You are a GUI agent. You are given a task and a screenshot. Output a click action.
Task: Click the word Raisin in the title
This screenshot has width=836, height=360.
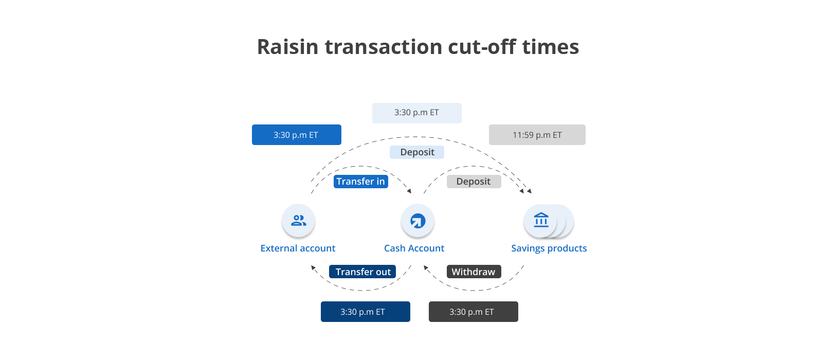[287, 47]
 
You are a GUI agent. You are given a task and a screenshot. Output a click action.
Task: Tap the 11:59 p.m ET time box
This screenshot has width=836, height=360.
[537, 135]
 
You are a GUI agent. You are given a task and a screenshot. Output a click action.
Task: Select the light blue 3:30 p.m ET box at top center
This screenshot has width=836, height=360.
[416, 113]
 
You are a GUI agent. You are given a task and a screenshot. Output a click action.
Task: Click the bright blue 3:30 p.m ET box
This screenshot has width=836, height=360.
[296, 135]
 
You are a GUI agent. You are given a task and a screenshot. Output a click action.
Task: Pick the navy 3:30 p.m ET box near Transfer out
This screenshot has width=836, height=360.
[365, 312]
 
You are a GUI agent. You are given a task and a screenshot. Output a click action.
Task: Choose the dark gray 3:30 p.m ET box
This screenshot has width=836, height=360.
[473, 312]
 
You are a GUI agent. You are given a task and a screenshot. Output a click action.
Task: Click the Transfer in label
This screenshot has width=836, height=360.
[360, 182]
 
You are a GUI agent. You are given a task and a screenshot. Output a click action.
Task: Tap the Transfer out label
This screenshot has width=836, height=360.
[362, 272]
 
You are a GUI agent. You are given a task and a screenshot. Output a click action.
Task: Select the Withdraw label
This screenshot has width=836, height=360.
[474, 272]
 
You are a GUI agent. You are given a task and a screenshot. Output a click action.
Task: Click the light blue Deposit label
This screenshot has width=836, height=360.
[417, 152]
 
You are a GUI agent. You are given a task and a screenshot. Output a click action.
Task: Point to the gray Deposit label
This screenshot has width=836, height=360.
[474, 182]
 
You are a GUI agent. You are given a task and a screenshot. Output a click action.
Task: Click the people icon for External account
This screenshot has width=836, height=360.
[298, 221]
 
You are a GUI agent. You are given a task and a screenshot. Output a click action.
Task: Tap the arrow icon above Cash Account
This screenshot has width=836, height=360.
[417, 221]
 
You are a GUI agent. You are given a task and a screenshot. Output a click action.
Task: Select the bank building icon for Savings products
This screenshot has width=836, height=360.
[541, 221]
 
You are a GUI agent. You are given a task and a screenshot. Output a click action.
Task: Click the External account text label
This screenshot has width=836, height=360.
[298, 248]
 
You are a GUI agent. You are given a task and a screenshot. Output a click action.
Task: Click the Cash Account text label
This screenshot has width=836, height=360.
[414, 248]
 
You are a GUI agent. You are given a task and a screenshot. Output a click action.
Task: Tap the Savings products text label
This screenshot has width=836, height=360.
[549, 248]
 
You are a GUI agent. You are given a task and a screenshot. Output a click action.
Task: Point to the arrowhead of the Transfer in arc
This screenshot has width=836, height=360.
[409, 191]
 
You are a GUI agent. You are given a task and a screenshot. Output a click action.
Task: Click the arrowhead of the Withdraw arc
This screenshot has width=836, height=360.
[426, 267]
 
